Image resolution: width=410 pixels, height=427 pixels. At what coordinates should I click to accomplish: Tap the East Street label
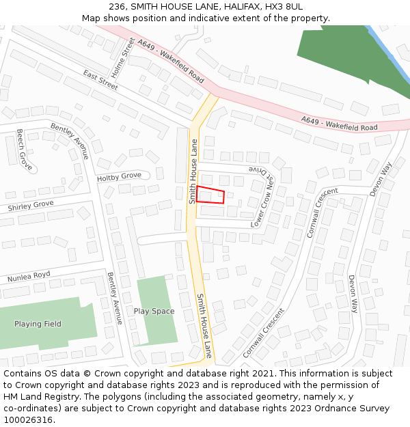pyautogui.click(x=100, y=79)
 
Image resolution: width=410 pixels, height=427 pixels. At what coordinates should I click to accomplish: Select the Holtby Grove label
pyautogui.click(x=119, y=177)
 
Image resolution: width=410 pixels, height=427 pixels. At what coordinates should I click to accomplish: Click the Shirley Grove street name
pyautogui.click(x=30, y=205)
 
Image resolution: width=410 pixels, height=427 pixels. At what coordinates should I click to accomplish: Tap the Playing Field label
pyautogui.click(x=38, y=324)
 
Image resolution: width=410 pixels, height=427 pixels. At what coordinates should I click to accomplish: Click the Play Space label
pyautogui.click(x=154, y=311)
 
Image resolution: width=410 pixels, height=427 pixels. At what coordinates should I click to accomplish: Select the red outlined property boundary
pyautogui.click(x=210, y=195)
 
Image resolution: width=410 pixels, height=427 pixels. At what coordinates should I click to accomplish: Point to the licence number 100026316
pyautogui.click(x=29, y=420)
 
